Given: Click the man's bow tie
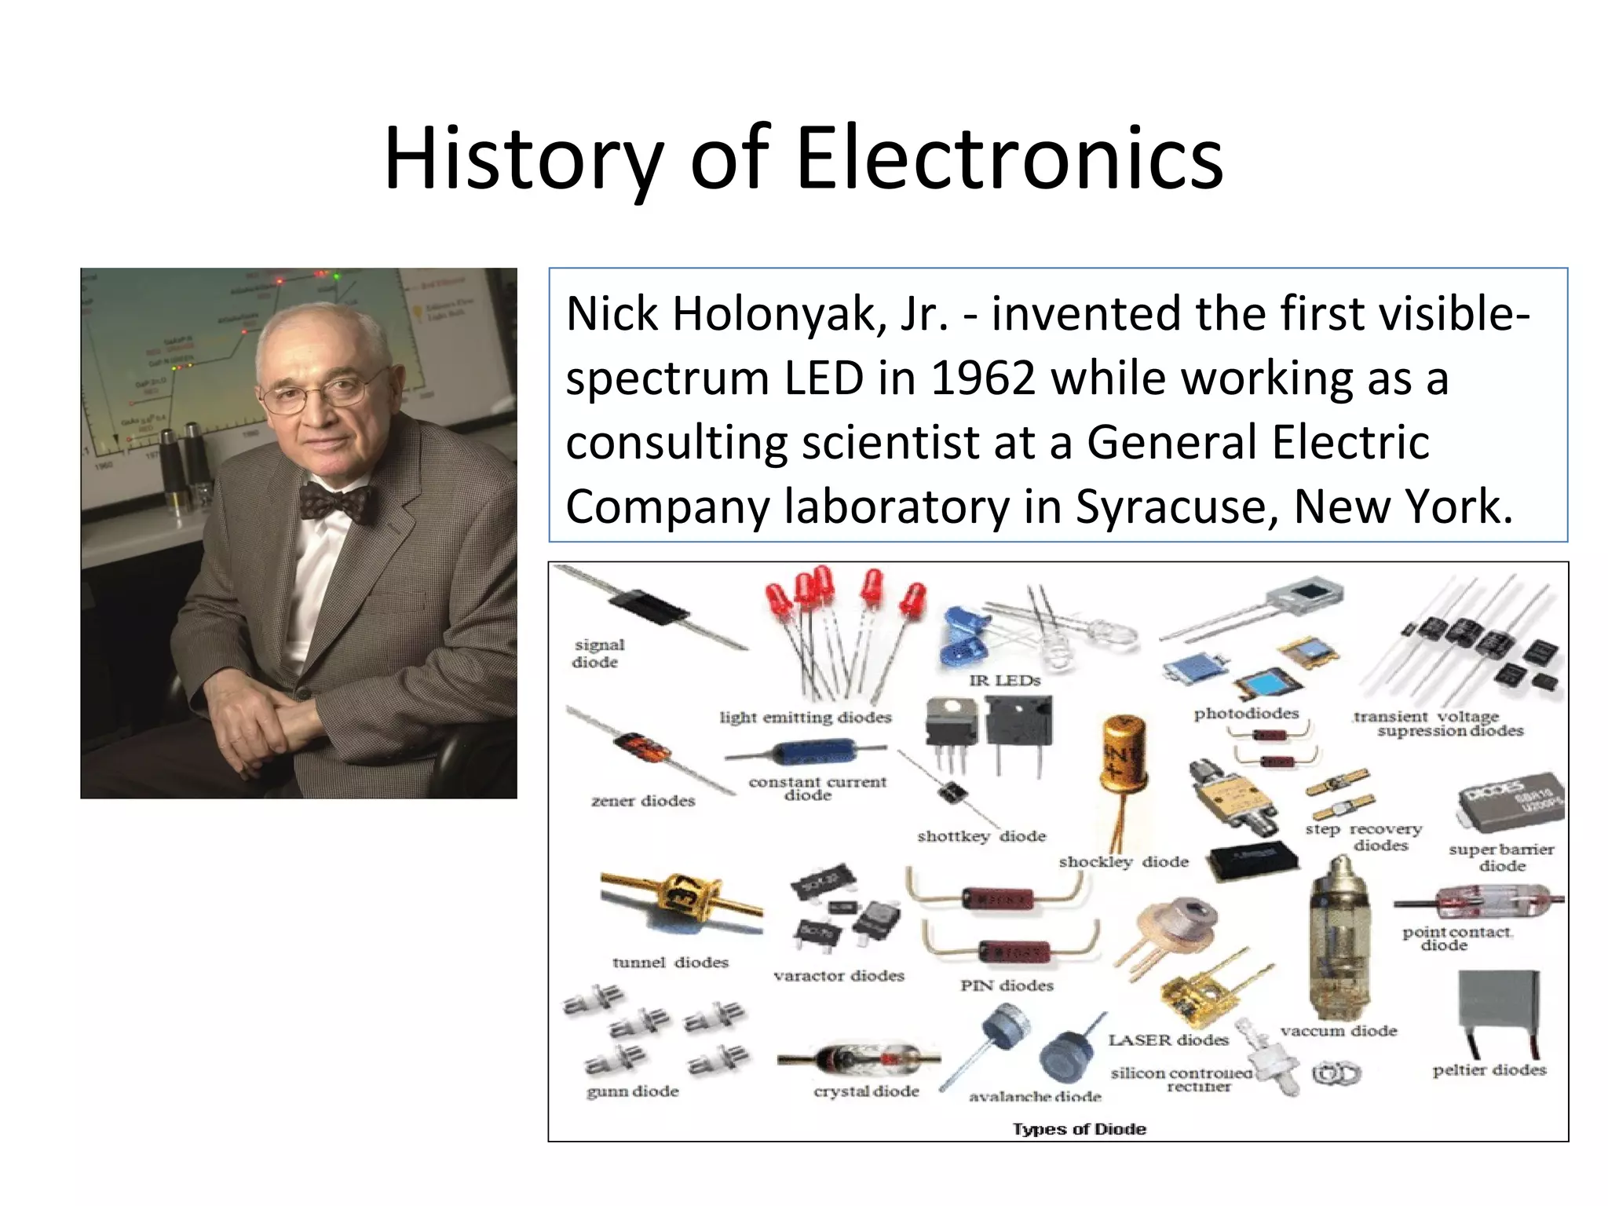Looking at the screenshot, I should [335, 501].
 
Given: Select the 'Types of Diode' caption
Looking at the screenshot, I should [1079, 1129].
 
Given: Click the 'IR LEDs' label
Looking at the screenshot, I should [1004, 681].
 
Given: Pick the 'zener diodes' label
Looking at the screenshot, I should [643, 802].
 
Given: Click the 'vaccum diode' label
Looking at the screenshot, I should [1339, 1031].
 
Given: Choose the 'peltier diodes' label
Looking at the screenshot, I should [1489, 1070].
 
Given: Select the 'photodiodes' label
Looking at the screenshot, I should [1246, 714].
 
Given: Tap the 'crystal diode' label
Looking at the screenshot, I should [866, 1091].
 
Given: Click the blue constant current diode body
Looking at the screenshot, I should [809, 753].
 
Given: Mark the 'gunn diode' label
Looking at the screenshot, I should [632, 1091].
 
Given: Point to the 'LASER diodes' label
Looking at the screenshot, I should [1168, 1040].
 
